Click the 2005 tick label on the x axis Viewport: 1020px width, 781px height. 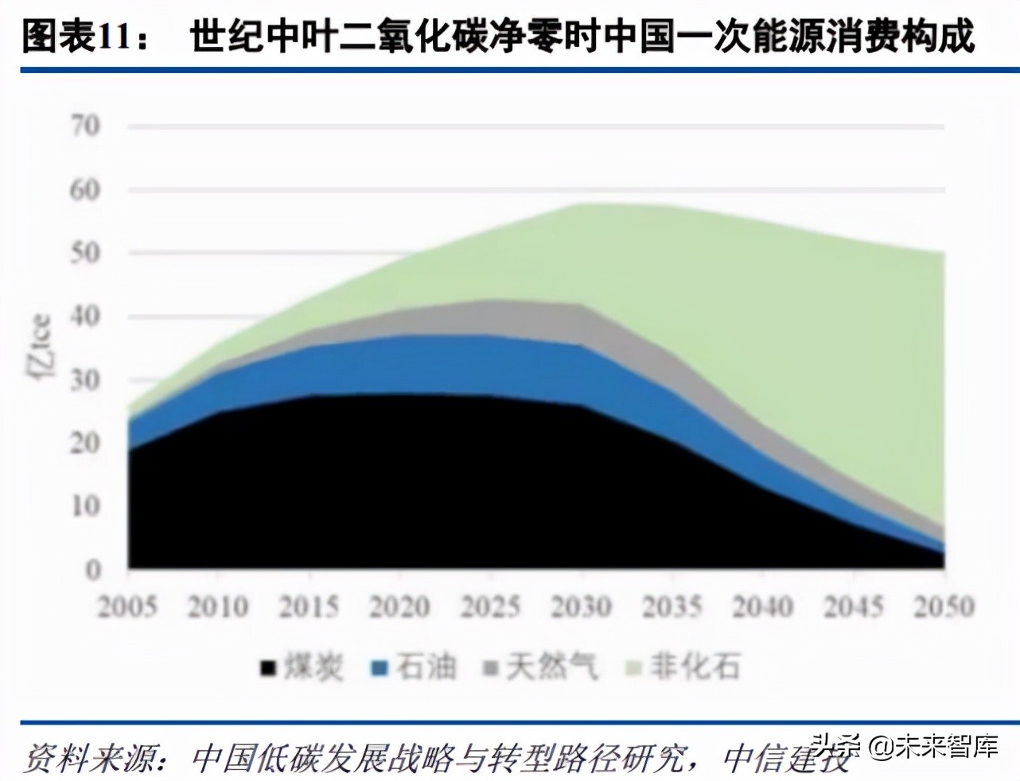coord(127,608)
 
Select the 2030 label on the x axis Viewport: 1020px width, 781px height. coord(581,608)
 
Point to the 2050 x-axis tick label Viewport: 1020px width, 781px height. coord(944,608)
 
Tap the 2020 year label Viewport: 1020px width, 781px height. coord(399,608)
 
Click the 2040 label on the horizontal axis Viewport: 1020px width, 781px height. coord(762,608)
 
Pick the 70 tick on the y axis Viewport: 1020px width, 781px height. coord(85,126)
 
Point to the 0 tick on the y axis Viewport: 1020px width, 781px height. coord(94,569)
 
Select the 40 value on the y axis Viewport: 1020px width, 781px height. coord(85,317)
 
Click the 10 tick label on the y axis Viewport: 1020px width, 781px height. coord(85,506)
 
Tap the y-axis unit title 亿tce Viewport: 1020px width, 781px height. coord(41,347)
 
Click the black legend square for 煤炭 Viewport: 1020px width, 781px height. coord(268,667)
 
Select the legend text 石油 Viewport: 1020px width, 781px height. coord(426,666)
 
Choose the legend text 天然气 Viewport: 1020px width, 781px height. coord(552,666)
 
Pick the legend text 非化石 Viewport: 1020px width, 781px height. coord(695,666)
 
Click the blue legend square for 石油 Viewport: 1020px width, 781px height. coord(380,667)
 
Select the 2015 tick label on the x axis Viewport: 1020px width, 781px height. coord(309,608)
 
